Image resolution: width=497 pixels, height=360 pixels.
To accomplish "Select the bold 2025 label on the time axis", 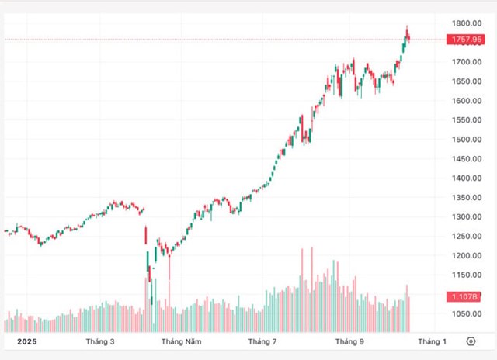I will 26,341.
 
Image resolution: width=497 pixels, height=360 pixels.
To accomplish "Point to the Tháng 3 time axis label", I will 99,341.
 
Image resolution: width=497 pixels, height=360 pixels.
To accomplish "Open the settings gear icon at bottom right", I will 471,341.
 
